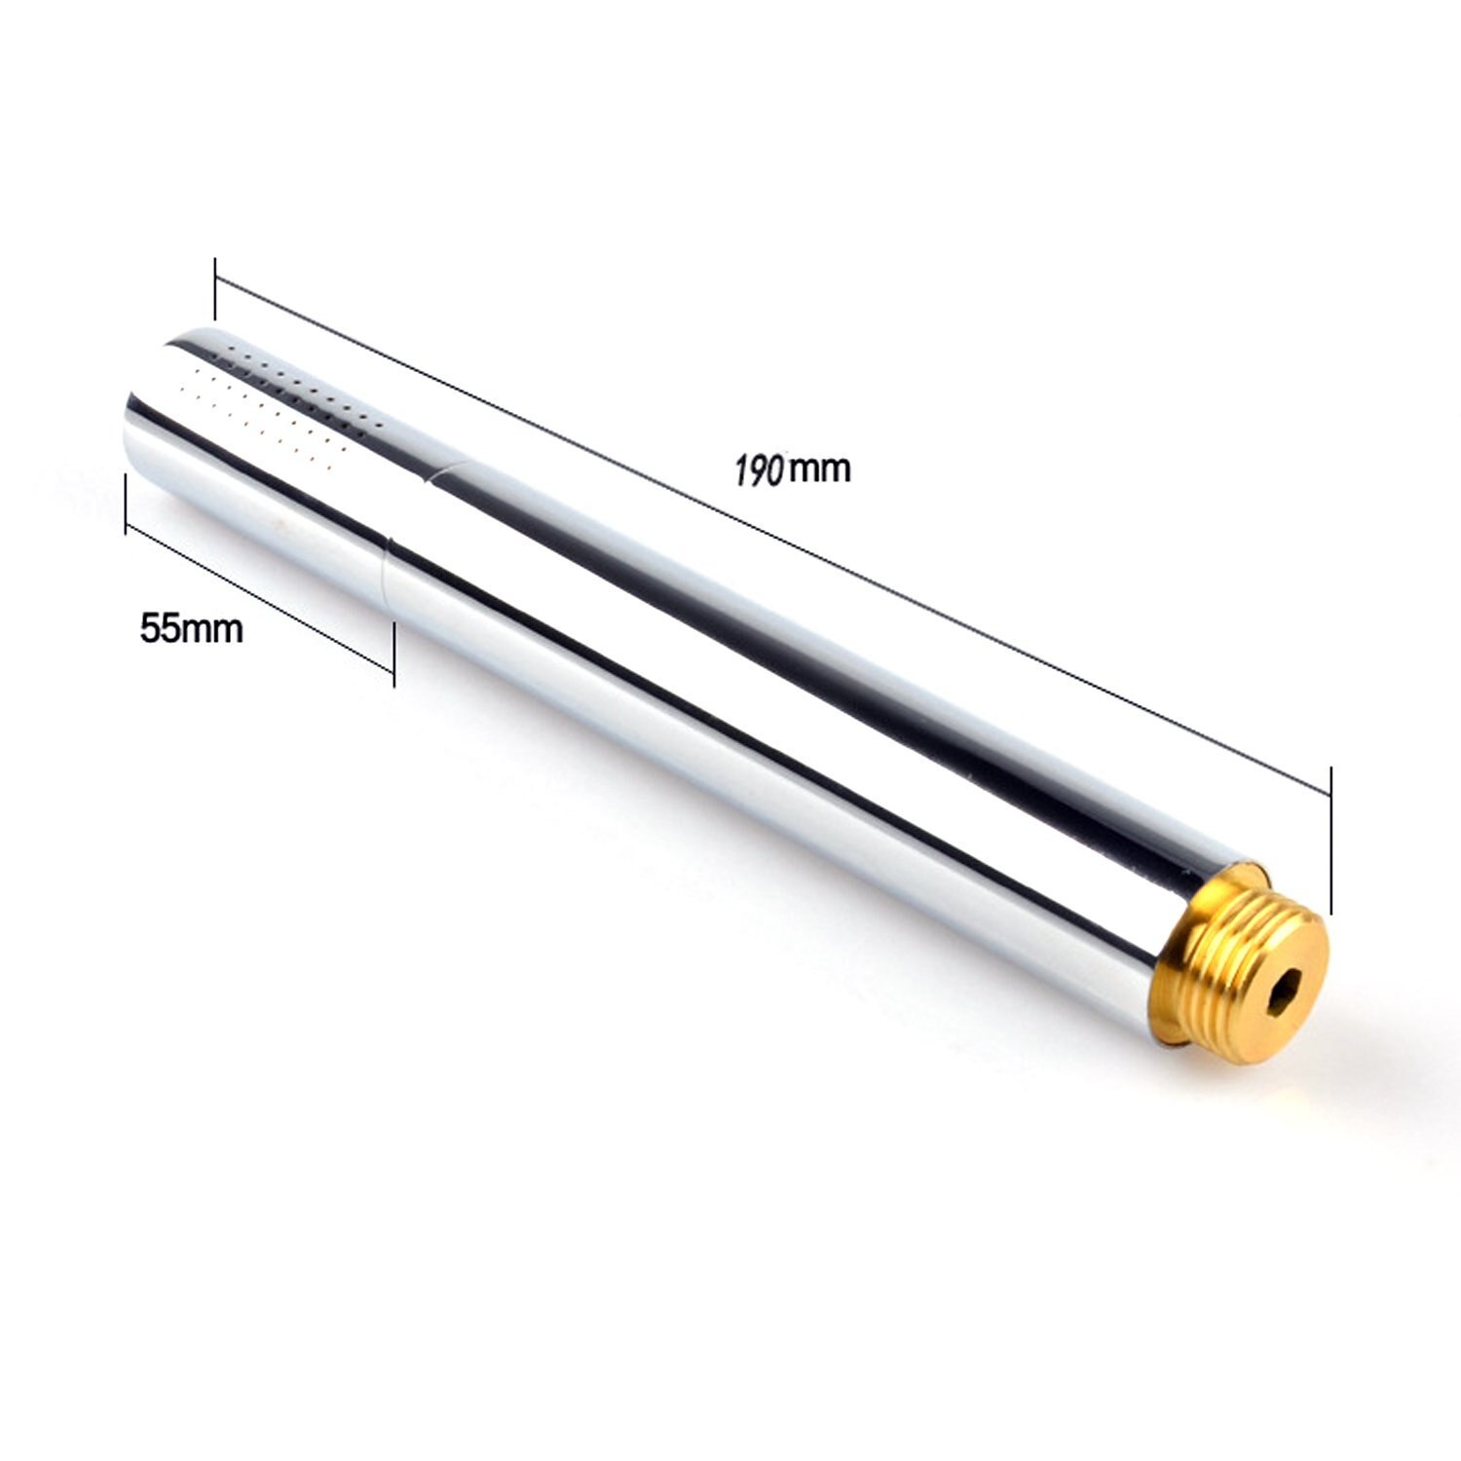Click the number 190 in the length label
tap(760, 470)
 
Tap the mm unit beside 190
tap(819, 468)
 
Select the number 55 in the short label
tap(161, 628)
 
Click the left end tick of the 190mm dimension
tap(214, 289)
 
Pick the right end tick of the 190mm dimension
tap(1330, 838)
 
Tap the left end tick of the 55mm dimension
tap(126, 504)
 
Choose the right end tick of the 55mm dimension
tap(393, 656)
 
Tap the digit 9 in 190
tap(759, 470)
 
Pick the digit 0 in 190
tap(776, 470)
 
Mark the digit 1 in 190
tap(741, 470)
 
